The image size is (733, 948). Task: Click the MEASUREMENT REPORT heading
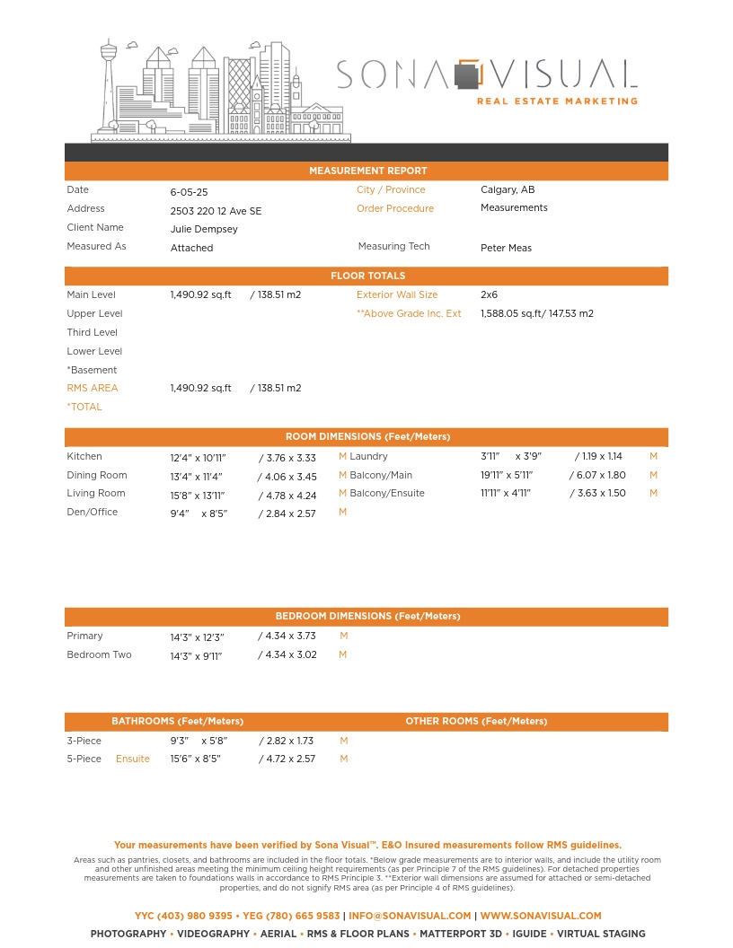tap(367, 171)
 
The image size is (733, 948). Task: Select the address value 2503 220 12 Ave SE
tap(216, 211)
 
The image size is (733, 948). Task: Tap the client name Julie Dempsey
tap(204, 229)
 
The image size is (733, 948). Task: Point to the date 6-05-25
tap(189, 192)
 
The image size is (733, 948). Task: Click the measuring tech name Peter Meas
tap(506, 248)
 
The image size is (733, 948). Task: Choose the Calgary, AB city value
tap(508, 189)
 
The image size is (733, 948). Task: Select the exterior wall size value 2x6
tap(489, 294)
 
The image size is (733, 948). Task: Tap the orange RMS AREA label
tap(93, 388)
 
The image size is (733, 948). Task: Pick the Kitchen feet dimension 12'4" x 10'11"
tap(198, 458)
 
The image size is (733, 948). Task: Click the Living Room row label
tap(96, 493)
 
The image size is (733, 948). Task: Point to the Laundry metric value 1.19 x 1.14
tap(601, 456)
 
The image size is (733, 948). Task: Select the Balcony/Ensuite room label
tap(387, 493)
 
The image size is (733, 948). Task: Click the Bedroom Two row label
tap(99, 654)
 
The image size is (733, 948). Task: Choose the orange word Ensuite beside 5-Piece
tap(133, 759)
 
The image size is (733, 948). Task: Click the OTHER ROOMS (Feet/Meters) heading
tap(476, 721)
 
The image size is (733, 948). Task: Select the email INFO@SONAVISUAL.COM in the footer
tap(410, 916)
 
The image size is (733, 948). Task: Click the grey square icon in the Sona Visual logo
tap(465, 76)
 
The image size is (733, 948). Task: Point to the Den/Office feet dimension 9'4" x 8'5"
tap(199, 513)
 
